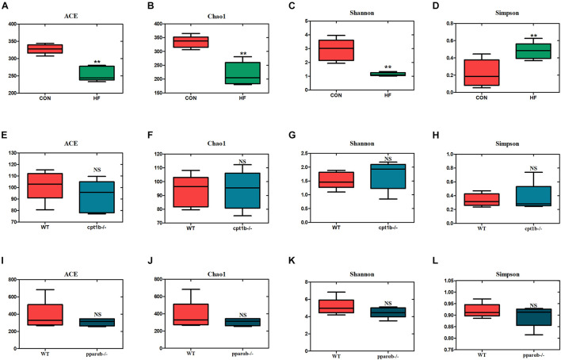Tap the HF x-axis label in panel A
97,101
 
